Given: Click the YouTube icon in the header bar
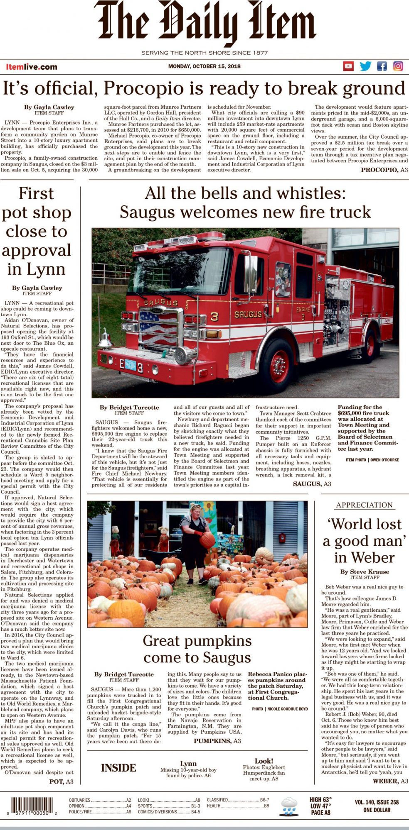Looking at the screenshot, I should coord(348,66).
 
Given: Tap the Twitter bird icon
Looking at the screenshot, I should coord(365,66).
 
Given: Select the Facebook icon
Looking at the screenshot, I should coord(382,66).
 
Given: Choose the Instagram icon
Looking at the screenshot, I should coord(398,66).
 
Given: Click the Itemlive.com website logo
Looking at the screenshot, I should coord(32,67).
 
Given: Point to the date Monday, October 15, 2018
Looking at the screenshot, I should coord(204,66).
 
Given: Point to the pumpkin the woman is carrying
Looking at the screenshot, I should coord(207,540).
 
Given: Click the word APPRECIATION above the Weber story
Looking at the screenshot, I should coord(364,505).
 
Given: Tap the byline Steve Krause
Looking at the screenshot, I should coord(365,571).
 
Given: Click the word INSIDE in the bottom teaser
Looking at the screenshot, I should coord(118,768).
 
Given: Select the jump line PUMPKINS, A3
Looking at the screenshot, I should coord(217,741).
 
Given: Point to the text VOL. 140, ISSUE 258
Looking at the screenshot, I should coord(377,802).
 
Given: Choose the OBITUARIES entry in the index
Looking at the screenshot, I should coord(80,800).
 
